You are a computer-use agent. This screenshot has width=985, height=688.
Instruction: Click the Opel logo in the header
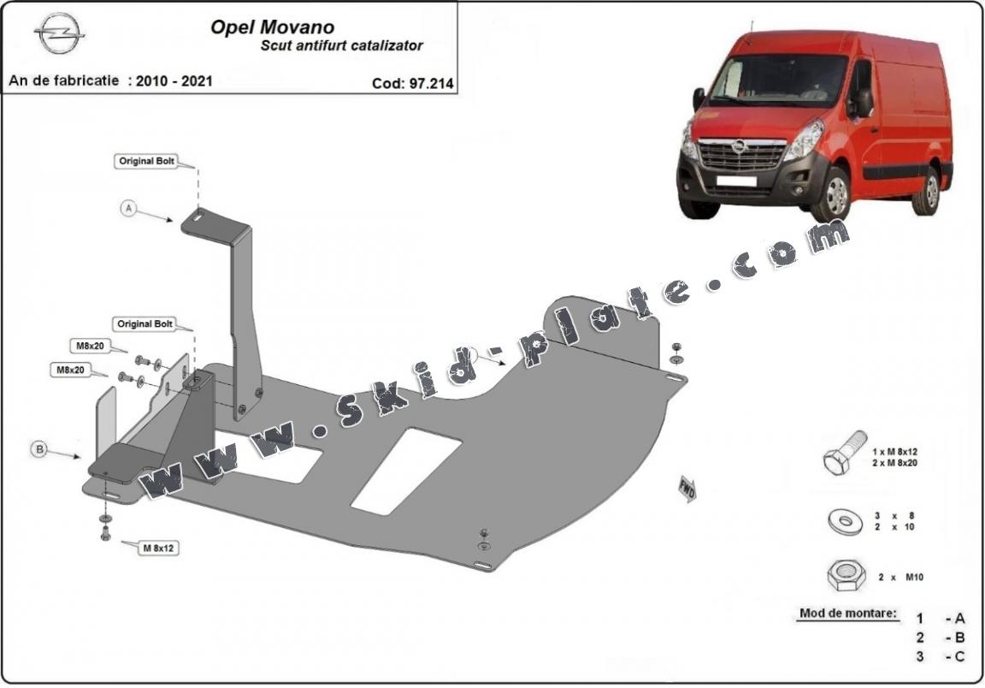(59, 33)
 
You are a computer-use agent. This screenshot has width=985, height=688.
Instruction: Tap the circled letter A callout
(128, 207)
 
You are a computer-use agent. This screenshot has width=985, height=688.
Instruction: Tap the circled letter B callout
(38, 449)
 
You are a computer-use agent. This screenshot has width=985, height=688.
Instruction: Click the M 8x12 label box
(159, 548)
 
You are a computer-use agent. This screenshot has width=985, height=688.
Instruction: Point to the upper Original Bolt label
(146, 161)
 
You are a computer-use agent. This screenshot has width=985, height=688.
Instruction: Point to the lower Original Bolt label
(145, 324)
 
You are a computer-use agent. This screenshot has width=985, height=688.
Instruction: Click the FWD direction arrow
(687, 489)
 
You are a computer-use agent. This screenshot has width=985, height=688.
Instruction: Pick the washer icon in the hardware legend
(845, 519)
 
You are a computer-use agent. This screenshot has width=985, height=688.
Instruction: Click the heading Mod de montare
(848, 613)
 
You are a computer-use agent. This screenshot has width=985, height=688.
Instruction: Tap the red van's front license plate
(735, 181)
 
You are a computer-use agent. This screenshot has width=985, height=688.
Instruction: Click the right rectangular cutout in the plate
(406, 471)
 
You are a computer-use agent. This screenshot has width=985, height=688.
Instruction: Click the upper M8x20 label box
(87, 346)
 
